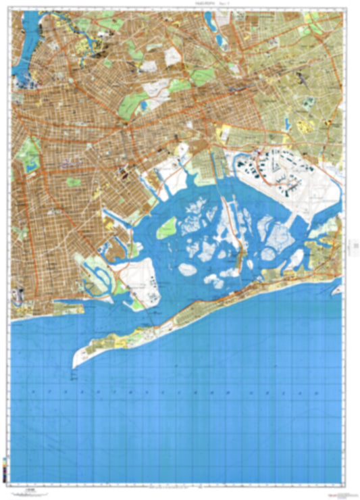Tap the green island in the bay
pos(167,228)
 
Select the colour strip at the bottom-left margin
pos(6,466)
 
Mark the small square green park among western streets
pos(74,182)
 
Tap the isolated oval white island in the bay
pos(186,270)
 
